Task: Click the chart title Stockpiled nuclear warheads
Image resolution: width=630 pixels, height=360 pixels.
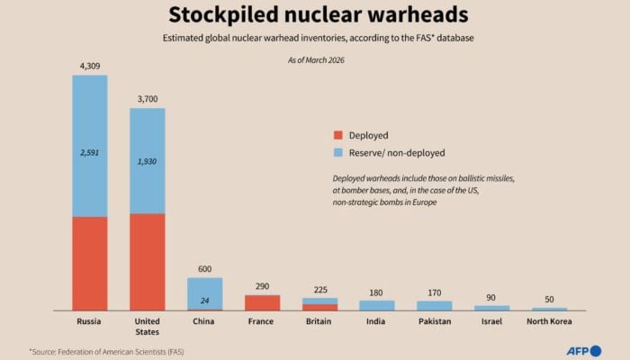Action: [x=314, y=16]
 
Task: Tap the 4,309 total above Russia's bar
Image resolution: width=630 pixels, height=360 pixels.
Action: [x=89, y=66]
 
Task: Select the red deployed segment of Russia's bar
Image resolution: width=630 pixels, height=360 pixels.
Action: [x=89, y=263]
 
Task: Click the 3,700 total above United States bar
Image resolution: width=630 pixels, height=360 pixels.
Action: [x=147, y=99]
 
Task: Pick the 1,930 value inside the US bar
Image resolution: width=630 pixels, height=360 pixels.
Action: [x=147, y=161]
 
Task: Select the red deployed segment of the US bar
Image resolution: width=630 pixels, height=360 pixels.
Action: [x=147, y=261]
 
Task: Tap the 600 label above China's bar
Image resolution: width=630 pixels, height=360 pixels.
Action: [x=204, y=268]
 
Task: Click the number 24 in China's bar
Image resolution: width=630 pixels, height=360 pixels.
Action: [x=204, y=301]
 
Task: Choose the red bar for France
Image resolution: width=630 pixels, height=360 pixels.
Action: [x=262, y=302]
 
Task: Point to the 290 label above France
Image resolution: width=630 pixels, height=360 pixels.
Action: [x=262, y=286]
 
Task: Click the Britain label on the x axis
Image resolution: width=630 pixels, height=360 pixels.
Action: [x=319, y=321]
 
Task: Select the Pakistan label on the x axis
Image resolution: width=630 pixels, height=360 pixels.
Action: [x=435, y=321]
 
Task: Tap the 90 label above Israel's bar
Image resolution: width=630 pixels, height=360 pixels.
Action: [x=492, y=298]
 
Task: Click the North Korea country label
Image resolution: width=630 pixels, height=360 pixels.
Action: [x=549, y=321]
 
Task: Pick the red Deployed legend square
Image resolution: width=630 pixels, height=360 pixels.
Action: [x=338, y=136]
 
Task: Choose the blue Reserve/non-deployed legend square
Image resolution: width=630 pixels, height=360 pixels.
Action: [x=338, y=153]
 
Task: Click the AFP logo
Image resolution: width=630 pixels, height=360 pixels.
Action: [x=583, y=350]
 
